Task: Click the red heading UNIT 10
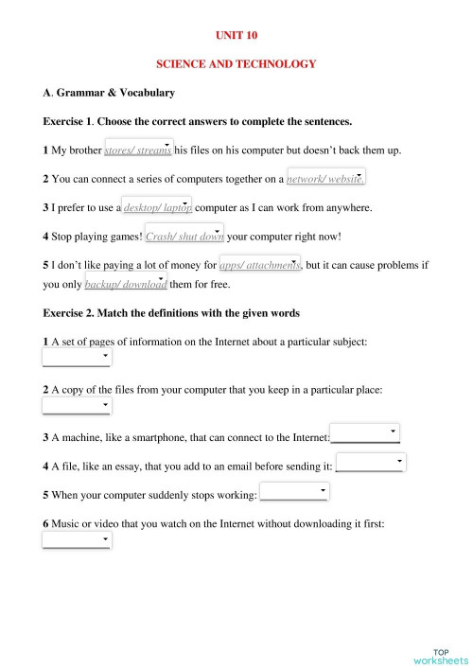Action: tap(236, 35)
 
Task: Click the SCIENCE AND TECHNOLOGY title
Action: tap(236, 63)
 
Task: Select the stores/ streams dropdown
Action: tap(138, 150)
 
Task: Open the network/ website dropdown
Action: tap(325, 178)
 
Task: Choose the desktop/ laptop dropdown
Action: tap(158, 207)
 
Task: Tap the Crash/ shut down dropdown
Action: tap(184, 236)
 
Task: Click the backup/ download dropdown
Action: tap(126, 283)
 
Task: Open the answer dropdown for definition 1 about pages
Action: tap(78, 358)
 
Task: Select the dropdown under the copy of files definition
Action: tap(78, 406)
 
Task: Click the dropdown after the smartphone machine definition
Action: tap(365, 434)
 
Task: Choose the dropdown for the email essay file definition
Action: tap(371, 464)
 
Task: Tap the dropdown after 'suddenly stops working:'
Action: tap(294, 492)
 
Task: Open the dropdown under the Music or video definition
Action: tap(78, 540)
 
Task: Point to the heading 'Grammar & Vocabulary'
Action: tap(114, 93)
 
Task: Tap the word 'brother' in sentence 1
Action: tap(83, 150)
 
